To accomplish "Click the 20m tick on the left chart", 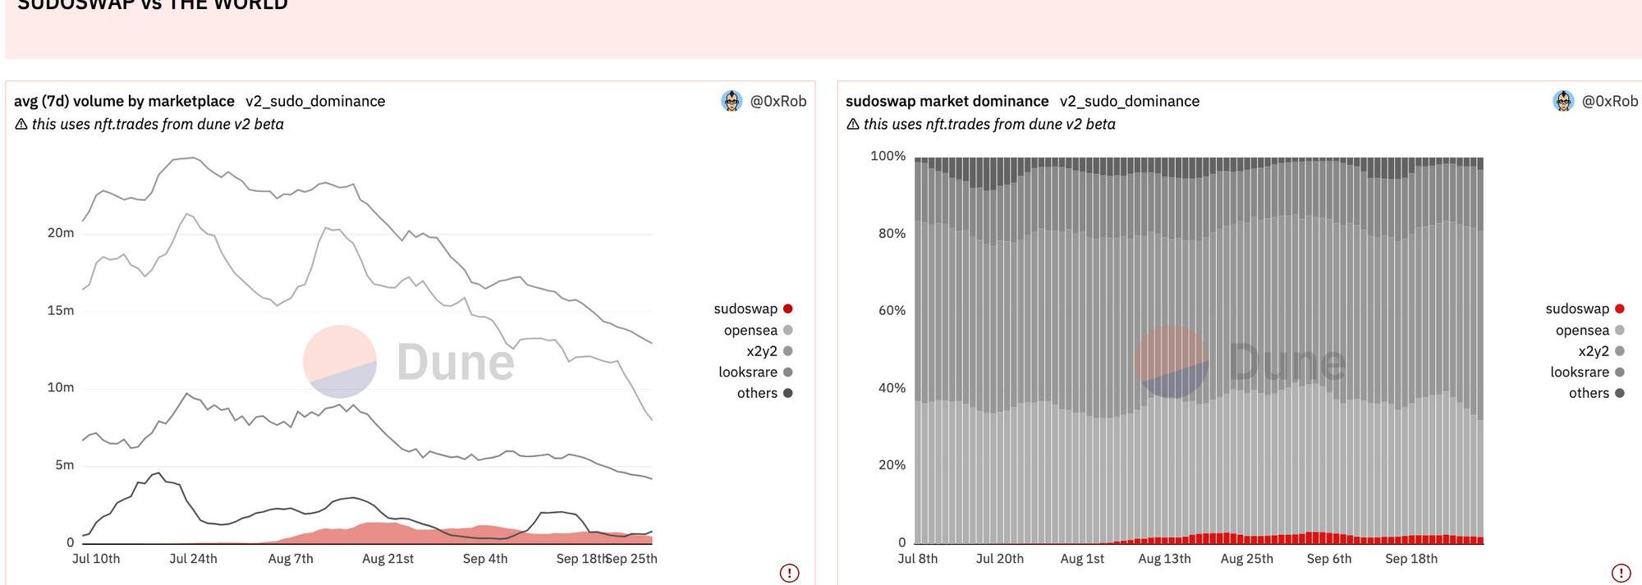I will tap(61, 233).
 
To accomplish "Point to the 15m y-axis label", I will tap(61, 310).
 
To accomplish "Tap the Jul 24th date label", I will tap(193, 559).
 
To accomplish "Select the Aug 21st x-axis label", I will tap(388, 559).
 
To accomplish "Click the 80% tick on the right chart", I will tap(892, 233).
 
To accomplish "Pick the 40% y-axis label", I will tap(892, 387).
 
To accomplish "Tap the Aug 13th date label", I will tap(1164, 559).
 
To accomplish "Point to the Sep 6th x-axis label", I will tap(1329, 559).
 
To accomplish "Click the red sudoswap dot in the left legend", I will tap(788, 308).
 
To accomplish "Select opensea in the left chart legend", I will tap(750, 330).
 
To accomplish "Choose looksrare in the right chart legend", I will tap(1580, 372).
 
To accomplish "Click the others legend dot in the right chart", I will tap(1620, 393).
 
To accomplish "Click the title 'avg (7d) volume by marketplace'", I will tap(124, 101).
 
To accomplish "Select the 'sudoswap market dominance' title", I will tap(947, 101).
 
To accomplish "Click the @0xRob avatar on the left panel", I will tap(732, 101).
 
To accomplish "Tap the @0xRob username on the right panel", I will tap(1610, 101).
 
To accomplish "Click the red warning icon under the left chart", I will tap(789, 573).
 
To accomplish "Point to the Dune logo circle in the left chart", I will tap(340, 361).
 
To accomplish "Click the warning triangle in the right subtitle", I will tap(853, 124).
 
